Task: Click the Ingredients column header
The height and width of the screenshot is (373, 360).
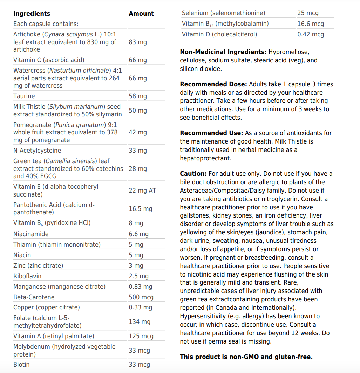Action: coord(32,14)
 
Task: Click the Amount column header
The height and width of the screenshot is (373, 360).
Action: coord(141,14)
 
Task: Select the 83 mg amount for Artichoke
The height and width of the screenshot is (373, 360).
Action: coord(137,42)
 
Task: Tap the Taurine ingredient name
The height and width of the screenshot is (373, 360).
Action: coord(24,96)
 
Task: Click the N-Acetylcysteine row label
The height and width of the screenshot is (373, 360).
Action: coord(37,151)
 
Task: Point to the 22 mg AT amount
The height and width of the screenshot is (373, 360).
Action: coord(142,191)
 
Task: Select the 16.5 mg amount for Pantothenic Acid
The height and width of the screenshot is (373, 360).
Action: coord(140,209)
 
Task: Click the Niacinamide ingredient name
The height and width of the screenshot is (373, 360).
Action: coord(31,234)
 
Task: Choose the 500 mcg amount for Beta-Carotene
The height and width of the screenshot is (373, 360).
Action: coord(141,297)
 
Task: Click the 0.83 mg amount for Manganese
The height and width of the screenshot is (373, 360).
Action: coord(140,287)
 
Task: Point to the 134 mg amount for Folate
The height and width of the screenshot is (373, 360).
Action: coord(139,322)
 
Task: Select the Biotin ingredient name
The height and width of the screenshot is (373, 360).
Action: coord(21,365)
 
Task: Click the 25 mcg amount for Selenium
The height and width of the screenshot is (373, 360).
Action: coord(308,13)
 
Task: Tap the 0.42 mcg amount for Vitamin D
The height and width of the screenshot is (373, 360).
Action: coord(310,34)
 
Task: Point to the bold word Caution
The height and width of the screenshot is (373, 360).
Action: coord(193,174)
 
